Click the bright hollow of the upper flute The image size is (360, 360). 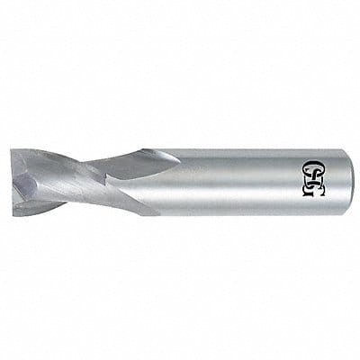(135, 166)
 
